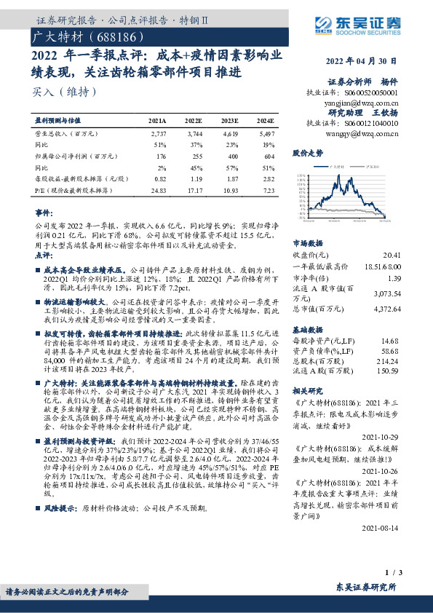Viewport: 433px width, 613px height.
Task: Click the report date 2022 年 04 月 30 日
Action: tap(365, 61)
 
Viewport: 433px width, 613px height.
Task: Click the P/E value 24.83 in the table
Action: tap(159, 190)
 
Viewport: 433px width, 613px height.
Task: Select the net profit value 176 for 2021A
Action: tap(162, 156)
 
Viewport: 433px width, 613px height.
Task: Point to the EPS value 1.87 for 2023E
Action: tap(231, 178)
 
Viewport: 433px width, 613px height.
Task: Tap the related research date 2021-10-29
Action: tap(385, 436)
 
